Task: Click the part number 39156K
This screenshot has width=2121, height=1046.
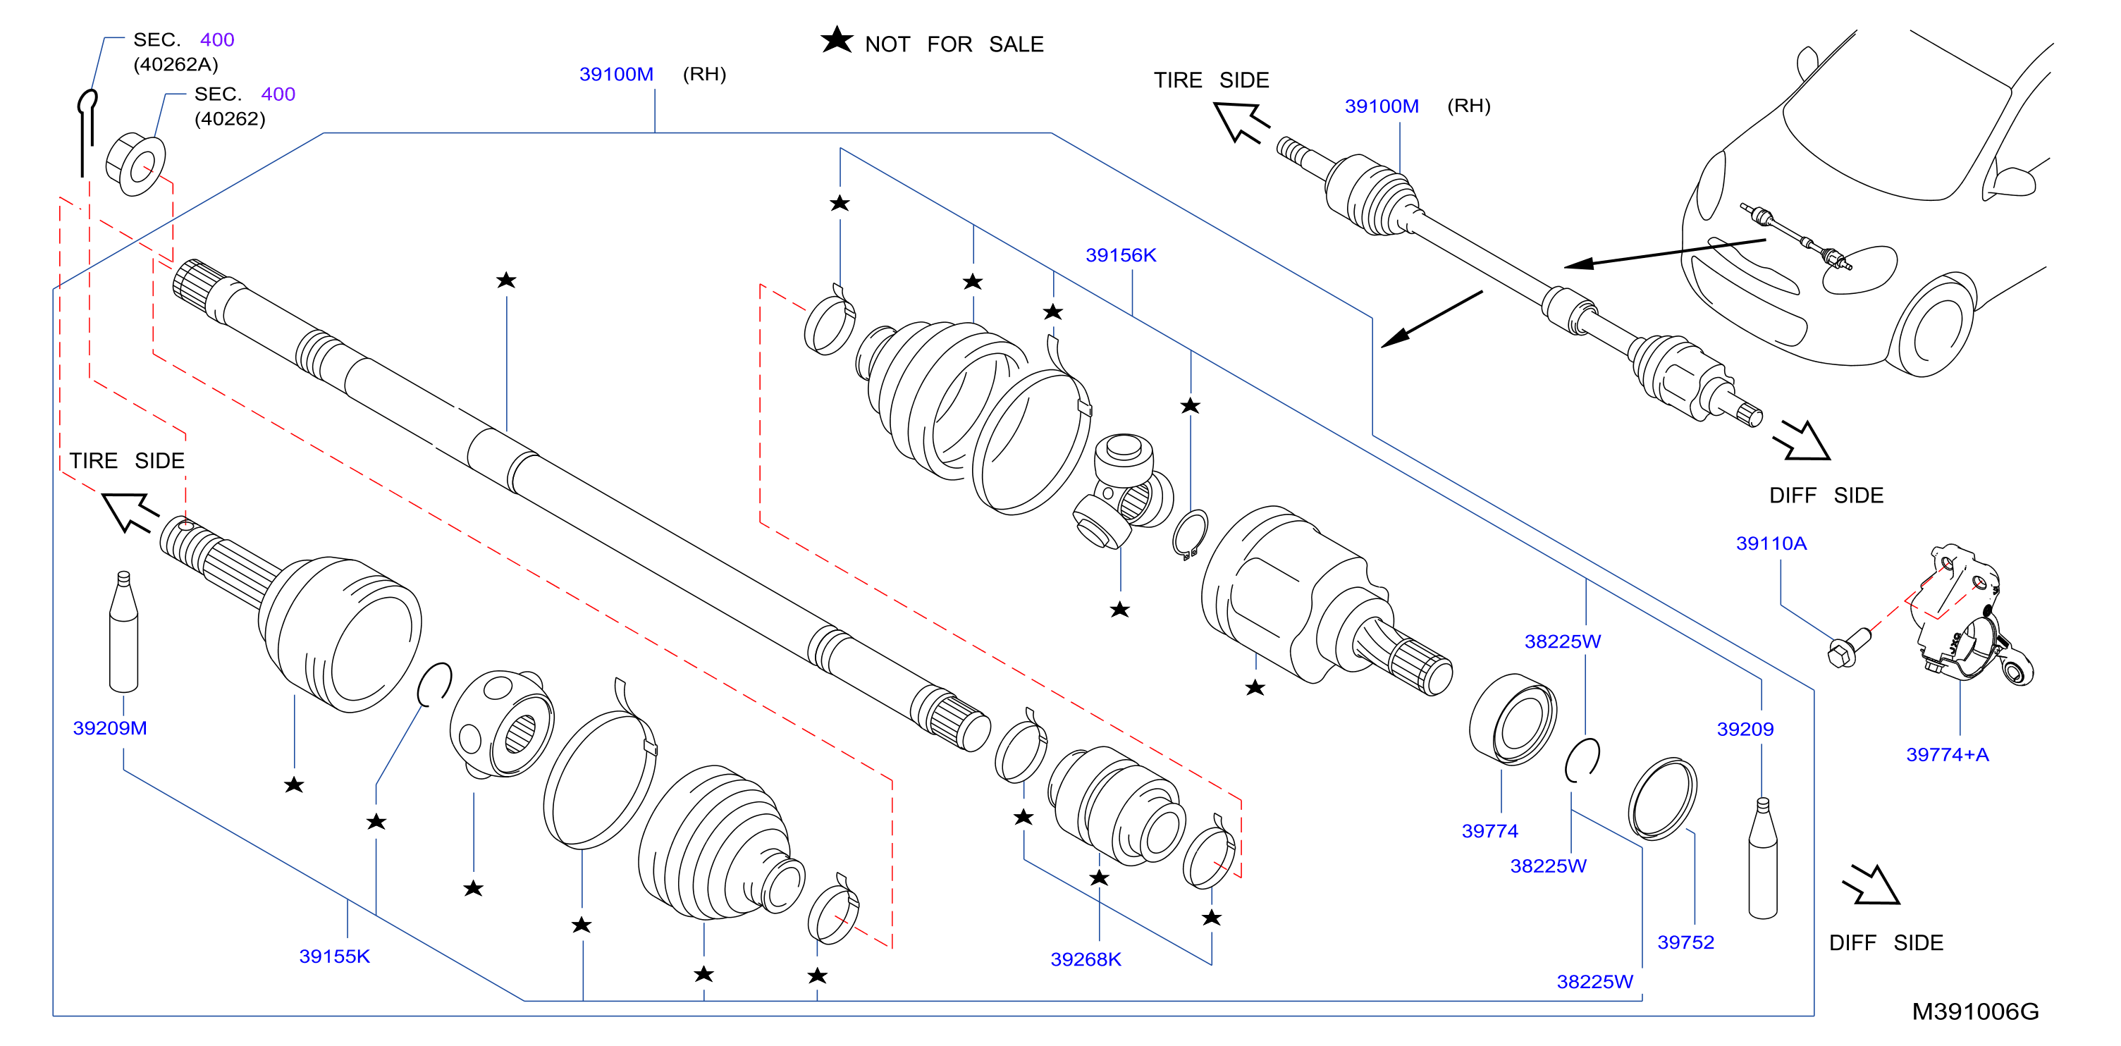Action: (x=1120, y=255)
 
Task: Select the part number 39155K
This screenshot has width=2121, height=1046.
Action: (x=334, y=956)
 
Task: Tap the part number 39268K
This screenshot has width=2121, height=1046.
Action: (x=1086, y=959)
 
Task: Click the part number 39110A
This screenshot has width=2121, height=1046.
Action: (x=1771, y=543)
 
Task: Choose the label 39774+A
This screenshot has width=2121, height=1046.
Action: (x=1948, y=754)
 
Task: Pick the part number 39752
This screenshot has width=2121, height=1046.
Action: (x=1685, y=942)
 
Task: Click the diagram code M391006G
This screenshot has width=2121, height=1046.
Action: (x=1975, y=1011)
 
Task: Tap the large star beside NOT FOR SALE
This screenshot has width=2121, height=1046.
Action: (x=837, y=39)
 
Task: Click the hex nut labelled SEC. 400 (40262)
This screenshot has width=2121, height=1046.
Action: (x=136, y=165)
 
